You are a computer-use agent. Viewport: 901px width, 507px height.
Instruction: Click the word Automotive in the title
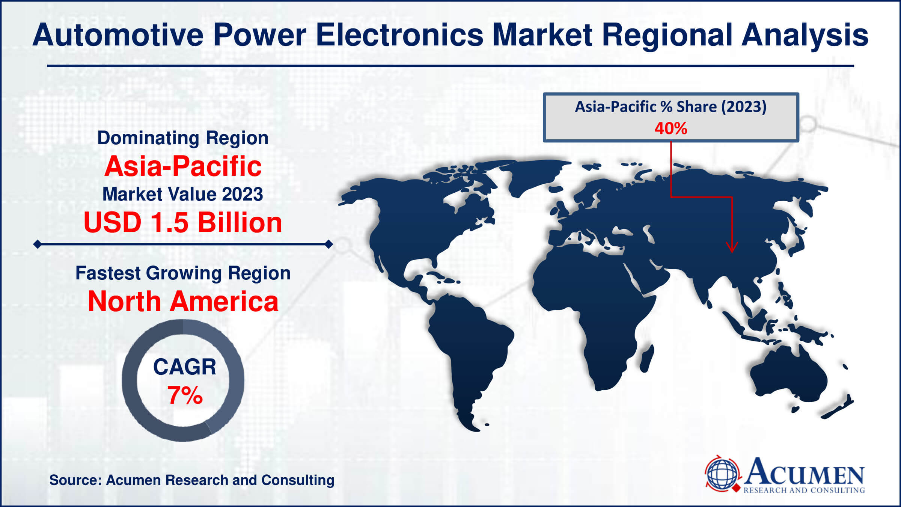118,35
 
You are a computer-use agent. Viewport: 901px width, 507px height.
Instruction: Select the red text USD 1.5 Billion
183,222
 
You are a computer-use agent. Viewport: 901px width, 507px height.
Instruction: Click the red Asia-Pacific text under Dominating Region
183,166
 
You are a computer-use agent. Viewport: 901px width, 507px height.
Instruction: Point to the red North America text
183,301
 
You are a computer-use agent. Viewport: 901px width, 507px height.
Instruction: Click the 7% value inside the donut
185,395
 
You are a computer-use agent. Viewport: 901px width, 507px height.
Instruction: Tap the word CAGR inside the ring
185,367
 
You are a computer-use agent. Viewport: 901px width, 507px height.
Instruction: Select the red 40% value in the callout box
670,128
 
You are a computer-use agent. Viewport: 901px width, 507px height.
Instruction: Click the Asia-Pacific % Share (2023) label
670,107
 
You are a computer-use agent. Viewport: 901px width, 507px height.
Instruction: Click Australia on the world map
788,379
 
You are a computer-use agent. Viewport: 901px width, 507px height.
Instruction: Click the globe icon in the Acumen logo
722,474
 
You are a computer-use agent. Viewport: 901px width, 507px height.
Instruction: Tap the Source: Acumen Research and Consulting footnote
192,480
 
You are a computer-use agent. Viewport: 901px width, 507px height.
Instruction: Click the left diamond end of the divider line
37,244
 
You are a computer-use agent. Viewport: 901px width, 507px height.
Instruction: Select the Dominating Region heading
183,138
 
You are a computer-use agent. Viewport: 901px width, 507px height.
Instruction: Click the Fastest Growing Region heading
183,273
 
